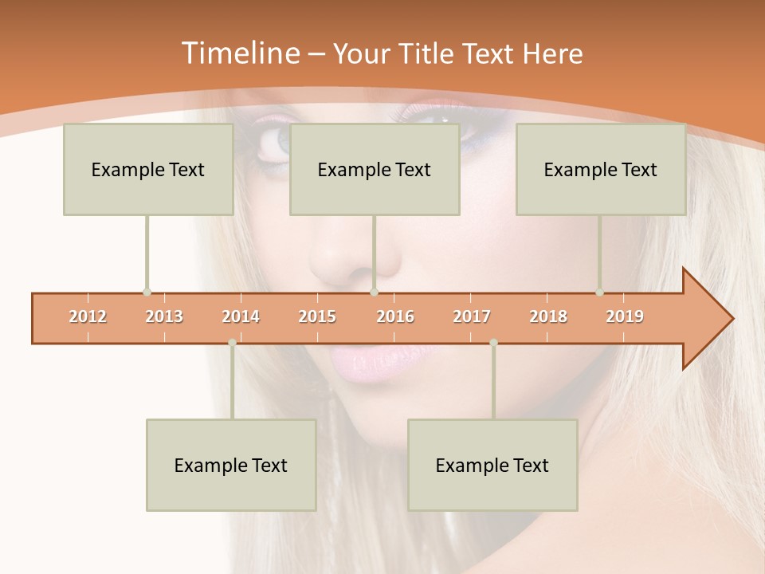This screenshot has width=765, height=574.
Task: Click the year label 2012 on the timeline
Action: coord(88,316)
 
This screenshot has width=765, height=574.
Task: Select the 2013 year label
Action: coord(164,316)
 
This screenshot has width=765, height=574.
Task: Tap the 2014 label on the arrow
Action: coord(241,316)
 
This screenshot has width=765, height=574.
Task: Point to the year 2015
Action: coord(317,316)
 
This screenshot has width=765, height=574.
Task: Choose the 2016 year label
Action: coord(395,316)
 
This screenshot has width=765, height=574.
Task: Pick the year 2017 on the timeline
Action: coord(472,316)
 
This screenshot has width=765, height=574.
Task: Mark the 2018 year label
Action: coord(548,316)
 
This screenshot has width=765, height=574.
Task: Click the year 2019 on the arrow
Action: coord(625,316)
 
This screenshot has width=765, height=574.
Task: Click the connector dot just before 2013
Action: coord(147,292)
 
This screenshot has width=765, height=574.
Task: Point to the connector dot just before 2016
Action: coord(374,292)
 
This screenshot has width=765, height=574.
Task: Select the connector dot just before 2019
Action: coord(599,292)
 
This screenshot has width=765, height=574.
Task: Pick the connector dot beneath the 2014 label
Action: coord(232,343)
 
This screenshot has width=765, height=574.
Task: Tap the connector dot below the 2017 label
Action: coord(493,343)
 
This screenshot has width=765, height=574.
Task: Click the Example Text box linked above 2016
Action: coord(374,169)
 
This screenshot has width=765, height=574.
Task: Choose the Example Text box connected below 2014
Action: coord(231,465)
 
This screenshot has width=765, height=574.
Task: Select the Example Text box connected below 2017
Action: coord(492,465)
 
